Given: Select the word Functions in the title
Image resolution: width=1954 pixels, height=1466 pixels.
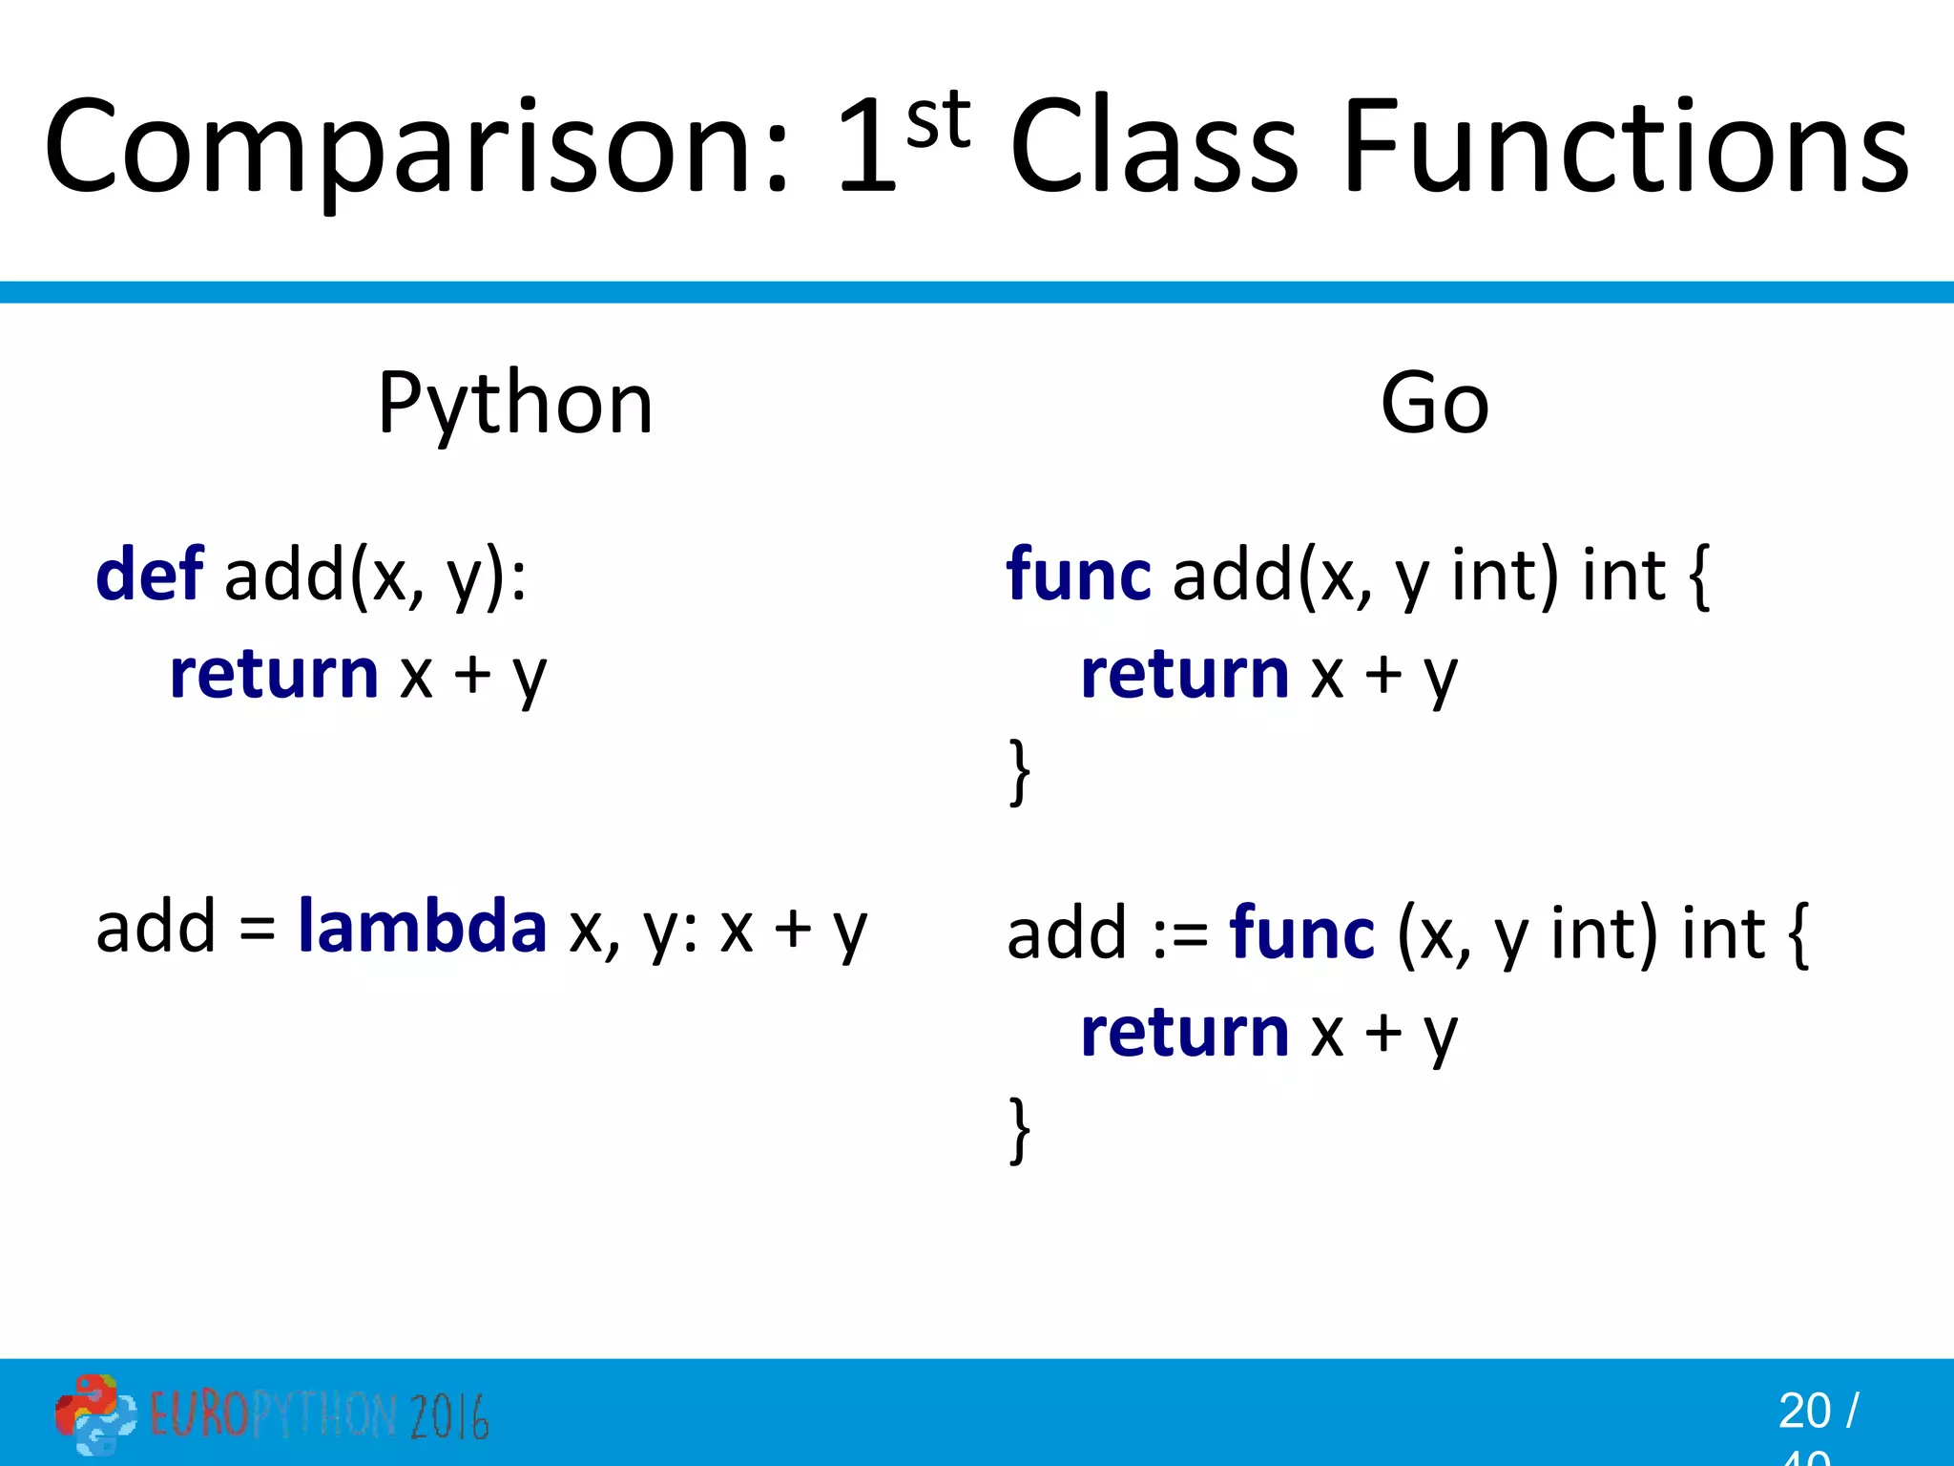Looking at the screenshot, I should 1626,148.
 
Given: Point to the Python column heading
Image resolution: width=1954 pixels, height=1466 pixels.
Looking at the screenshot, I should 515,404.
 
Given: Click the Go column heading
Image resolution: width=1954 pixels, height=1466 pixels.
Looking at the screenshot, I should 1434,404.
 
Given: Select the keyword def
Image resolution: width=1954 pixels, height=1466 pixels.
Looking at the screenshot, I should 150,576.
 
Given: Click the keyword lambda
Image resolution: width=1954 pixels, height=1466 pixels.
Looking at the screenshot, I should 422,927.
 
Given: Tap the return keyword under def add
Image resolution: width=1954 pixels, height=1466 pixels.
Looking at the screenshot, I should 275,675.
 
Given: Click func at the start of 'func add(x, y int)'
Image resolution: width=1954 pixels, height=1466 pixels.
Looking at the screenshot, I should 1078,576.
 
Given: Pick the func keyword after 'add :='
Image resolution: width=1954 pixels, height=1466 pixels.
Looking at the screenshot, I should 1301,933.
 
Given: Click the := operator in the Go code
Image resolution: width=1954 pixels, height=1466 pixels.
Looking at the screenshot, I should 1179,935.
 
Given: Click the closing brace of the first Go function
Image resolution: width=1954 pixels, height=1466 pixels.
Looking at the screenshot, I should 1020,771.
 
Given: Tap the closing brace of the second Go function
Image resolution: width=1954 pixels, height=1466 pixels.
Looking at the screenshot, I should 1020,1129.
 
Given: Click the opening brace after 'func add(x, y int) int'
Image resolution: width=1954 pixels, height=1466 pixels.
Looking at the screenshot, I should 1699,577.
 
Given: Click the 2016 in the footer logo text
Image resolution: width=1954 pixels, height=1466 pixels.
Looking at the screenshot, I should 448,1415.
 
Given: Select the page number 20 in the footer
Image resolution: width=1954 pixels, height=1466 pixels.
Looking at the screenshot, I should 1803,1411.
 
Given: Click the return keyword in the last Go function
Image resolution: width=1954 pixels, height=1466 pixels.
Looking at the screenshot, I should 1185,1033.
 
